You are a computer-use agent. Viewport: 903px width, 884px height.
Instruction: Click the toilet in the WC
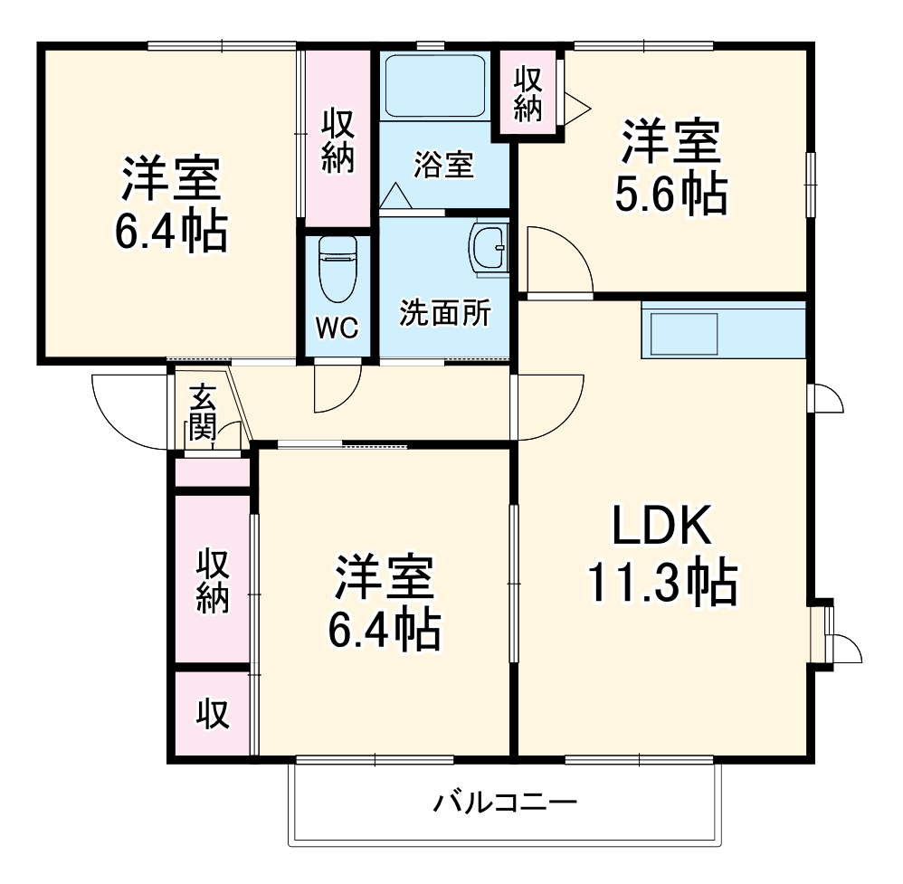338,271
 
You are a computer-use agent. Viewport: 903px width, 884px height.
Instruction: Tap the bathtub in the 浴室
436,85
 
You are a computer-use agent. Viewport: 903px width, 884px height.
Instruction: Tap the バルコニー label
504,803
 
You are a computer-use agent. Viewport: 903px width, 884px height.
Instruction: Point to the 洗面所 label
445,314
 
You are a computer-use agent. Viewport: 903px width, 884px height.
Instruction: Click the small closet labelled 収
213,714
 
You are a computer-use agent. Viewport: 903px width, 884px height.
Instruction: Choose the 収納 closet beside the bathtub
338,140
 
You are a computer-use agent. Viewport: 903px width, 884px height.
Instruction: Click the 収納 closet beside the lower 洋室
213,580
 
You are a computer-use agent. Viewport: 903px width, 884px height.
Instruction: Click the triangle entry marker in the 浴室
394,195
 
